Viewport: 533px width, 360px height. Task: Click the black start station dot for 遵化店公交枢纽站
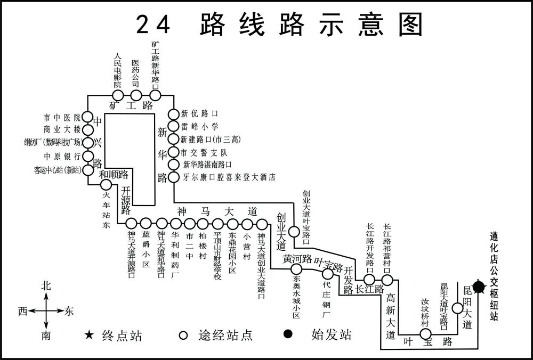(x=479, y=288)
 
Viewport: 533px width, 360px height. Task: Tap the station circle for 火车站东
(x=106, y=185)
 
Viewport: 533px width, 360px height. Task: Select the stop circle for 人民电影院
(x=118, y=95)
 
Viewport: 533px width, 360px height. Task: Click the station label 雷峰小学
(x=200, y=127)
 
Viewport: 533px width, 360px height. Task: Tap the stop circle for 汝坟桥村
(x=425, y=334)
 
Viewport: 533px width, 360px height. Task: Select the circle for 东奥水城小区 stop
(x=296, y=269)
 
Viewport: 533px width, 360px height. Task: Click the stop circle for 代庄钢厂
(x=327, y=274)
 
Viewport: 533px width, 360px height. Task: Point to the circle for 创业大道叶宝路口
(x=294, y=232)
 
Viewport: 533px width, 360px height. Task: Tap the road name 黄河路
(x=297, y=259)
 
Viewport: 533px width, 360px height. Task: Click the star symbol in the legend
(x=88, y=335)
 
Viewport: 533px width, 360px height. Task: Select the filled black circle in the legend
(x=288, y=334)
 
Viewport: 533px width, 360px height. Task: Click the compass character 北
(x=46, y=286)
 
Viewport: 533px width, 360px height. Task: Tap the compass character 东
(x=69, y=312)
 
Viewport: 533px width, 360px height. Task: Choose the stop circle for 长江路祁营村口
(x=387, y=279)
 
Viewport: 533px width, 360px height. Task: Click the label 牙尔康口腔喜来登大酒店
(x=229, y=177)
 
